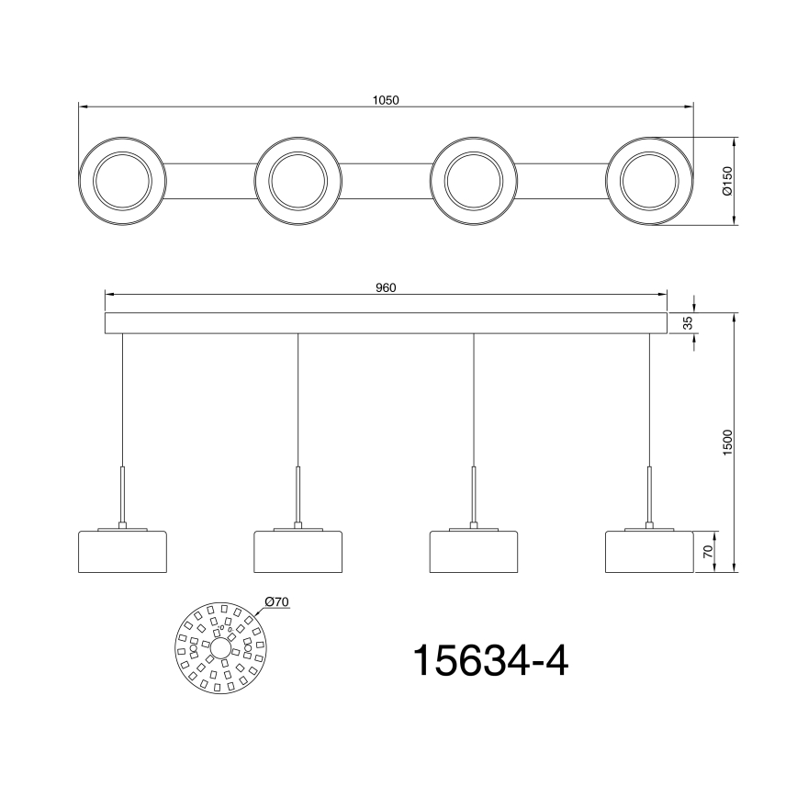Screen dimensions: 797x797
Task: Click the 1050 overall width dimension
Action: (x=387, y=100)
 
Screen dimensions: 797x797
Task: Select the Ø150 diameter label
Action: (x=725, y=182)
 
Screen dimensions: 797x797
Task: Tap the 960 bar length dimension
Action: (x=386, y=287)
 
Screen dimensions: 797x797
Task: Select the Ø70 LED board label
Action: (x=276, y=601)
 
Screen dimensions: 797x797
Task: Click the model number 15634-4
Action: (x=490, y=660)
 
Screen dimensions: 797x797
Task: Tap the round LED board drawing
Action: (x=220, y=647)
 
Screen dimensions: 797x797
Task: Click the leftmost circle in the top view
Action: (x=122, y=182)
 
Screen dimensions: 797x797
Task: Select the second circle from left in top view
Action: (x=298, y=182)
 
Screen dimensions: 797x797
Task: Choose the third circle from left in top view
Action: (x=474, y=182)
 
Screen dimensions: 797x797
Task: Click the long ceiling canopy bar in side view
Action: (x=386, y=322)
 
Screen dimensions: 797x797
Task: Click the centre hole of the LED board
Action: (x=220, y=647)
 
